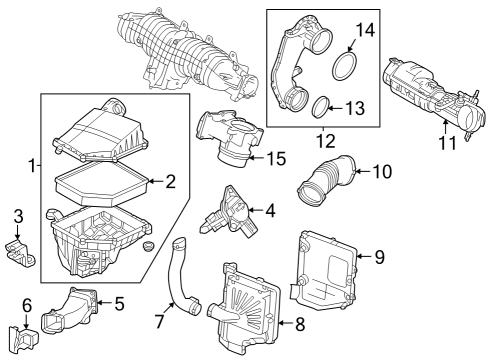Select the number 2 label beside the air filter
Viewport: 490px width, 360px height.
(170, 182)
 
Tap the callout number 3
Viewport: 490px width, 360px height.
(17, 217)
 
